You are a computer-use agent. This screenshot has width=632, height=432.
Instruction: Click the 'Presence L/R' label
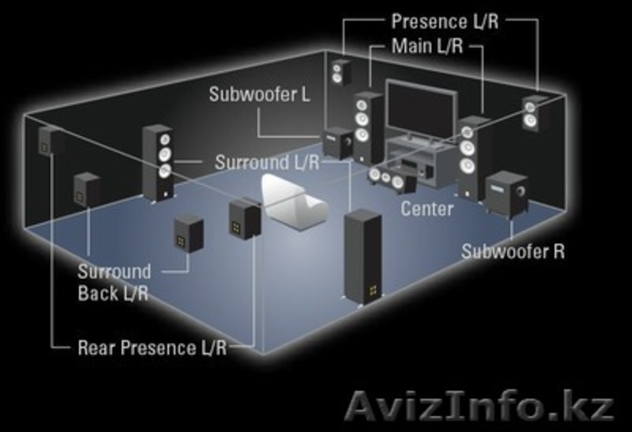coord(444,21)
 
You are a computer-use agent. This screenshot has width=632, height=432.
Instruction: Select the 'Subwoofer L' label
coord(259,94)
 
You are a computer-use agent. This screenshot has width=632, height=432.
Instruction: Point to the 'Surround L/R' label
coord(266,163)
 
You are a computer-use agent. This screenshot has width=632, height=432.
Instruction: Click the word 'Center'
coord(427,210)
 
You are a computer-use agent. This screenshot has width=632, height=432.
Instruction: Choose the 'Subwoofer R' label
coord(513,252)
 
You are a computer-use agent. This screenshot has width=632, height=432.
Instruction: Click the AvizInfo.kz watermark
coord(480,407)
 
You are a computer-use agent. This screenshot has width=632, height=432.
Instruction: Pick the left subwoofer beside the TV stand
coord(339,142)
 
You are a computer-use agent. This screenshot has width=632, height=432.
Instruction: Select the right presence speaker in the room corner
coord(532,112)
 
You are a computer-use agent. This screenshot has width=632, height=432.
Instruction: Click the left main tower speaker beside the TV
coord(368,127)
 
